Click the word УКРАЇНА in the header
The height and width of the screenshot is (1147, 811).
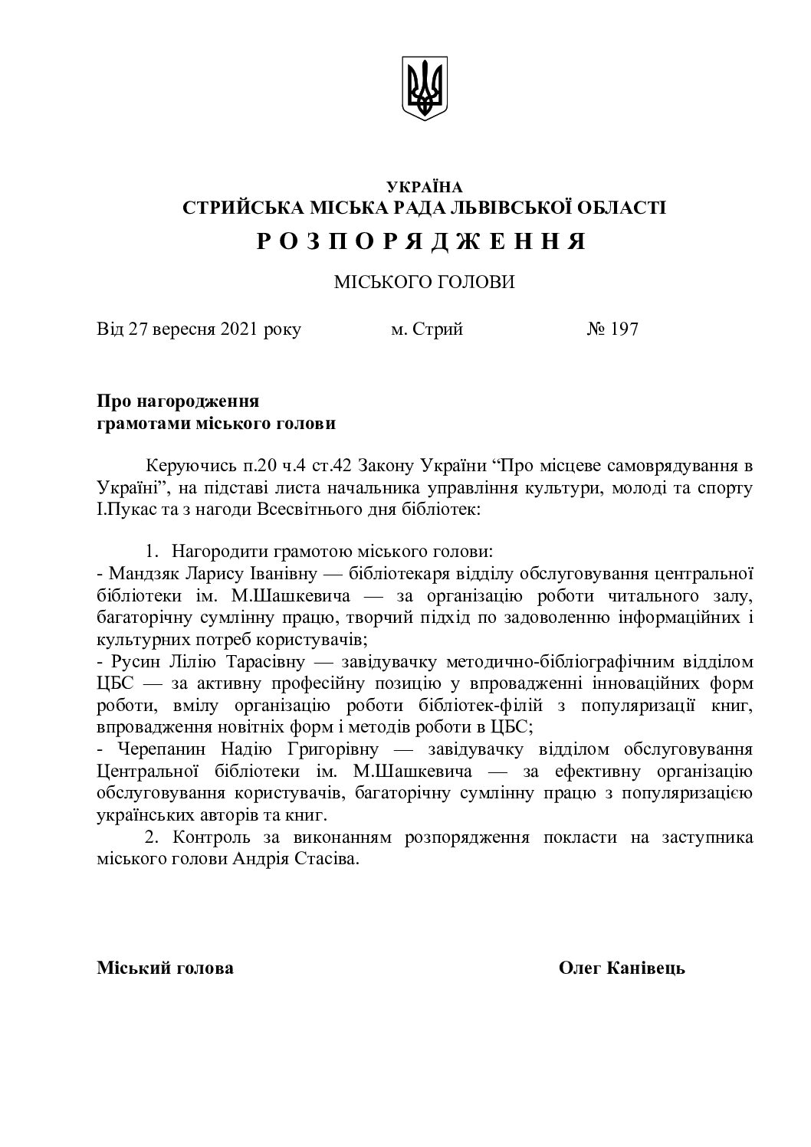(424, 186)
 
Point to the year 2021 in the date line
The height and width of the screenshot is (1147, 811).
(239, 330)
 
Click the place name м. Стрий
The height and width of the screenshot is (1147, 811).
(426, 330)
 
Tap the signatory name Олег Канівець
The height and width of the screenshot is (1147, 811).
(622, 968)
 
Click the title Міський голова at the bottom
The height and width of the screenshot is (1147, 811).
(165, 968)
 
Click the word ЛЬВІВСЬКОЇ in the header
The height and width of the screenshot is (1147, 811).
(517, 208)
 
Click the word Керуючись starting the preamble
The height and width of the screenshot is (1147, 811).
(182, 466)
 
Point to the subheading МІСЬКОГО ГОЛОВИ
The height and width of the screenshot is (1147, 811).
(424, 282)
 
